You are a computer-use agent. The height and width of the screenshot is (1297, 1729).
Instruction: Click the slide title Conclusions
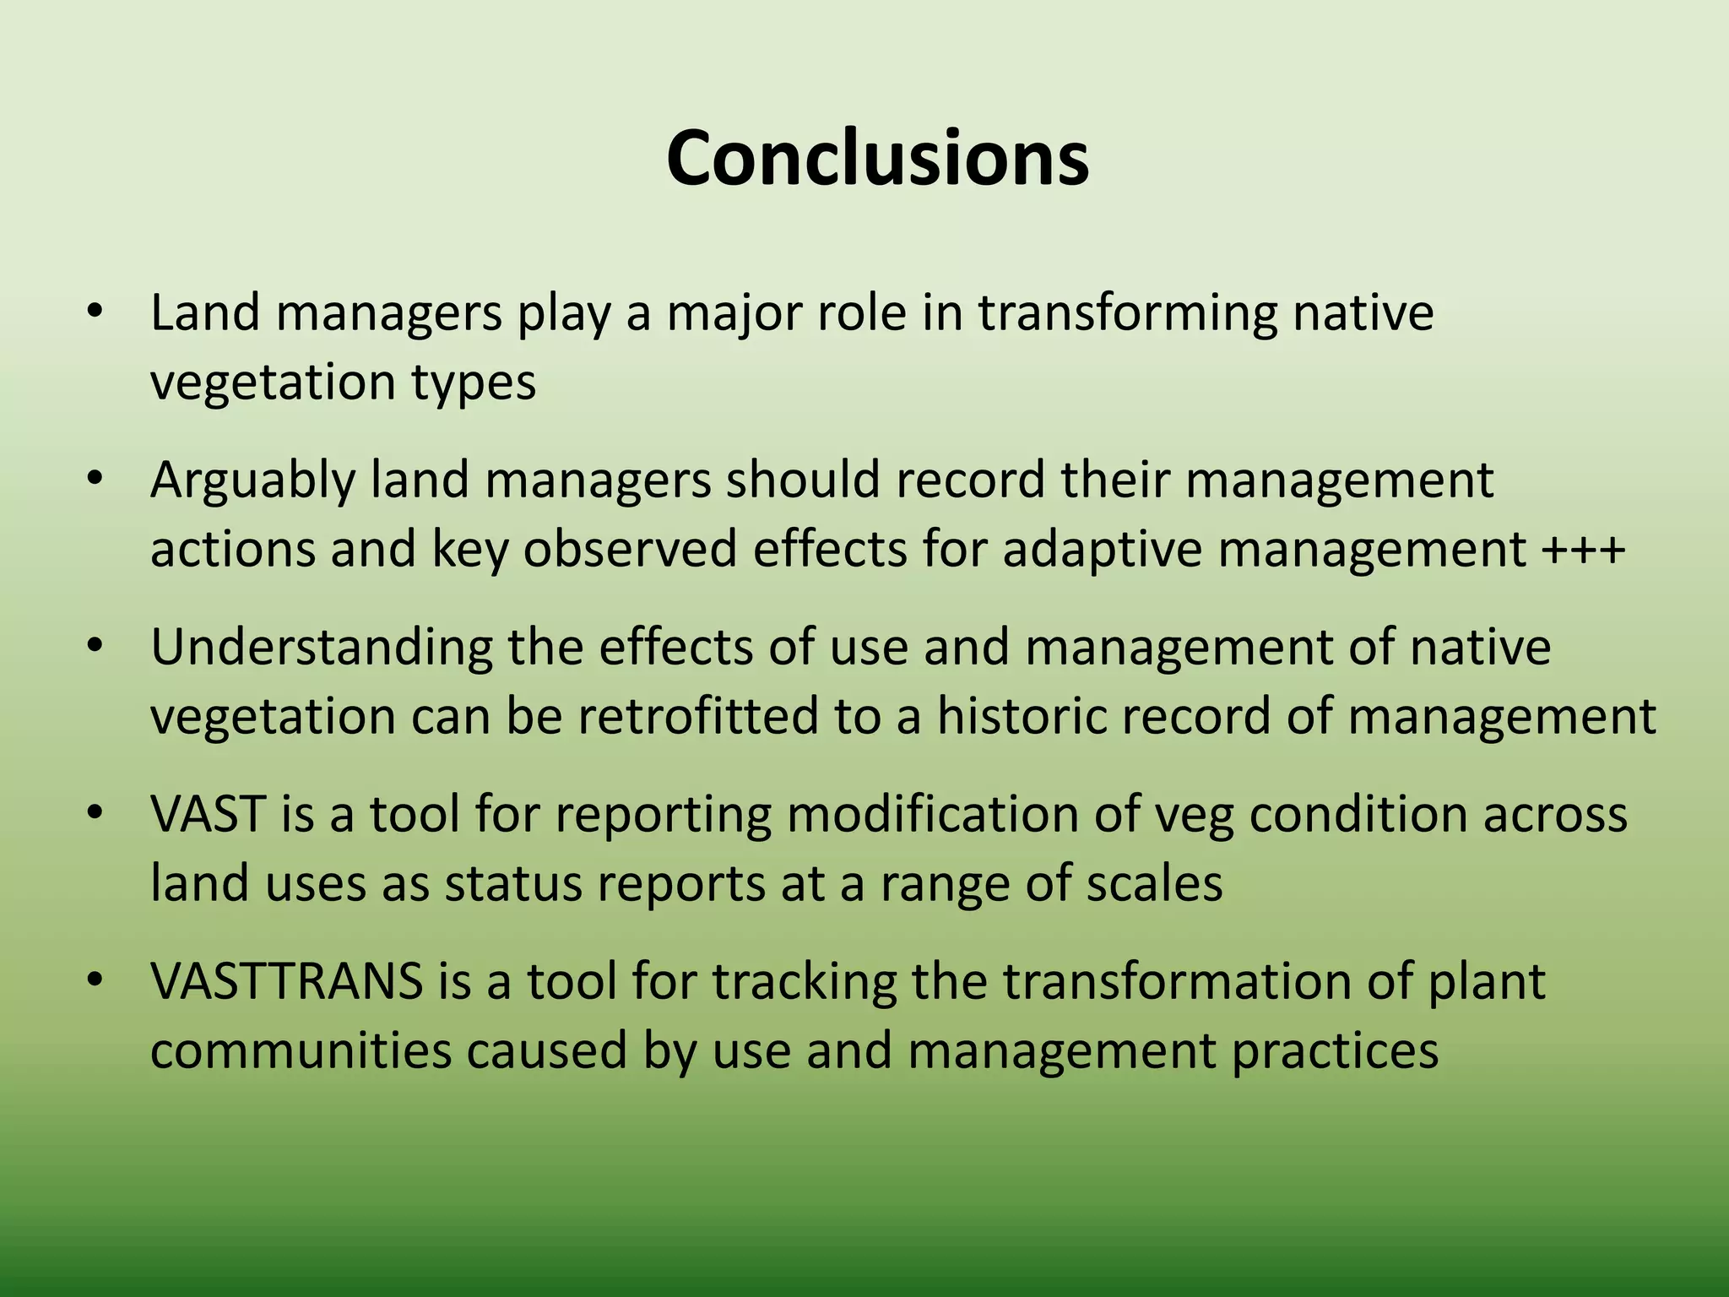tap(877, 159)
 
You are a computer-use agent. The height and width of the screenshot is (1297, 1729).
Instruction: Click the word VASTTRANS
tap(286, 982)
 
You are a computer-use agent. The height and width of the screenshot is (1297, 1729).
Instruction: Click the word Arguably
tap(252, 481)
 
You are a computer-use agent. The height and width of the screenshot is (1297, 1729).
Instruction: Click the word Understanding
tap(321, 648)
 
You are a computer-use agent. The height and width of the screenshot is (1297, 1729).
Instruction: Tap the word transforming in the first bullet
tap(1128, 314)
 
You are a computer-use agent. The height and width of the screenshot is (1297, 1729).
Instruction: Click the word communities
tap(301, 1051)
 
